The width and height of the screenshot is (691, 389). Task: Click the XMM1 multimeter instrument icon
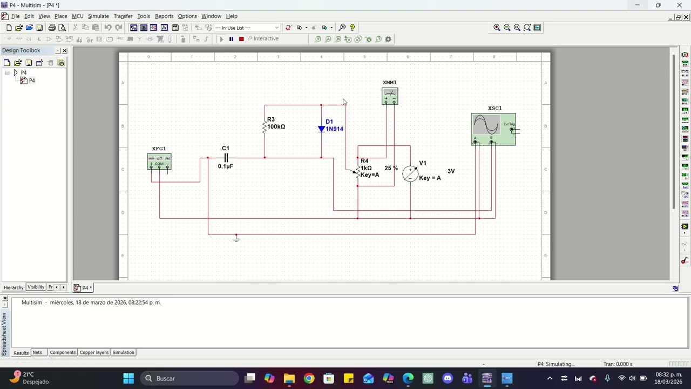[x=390, y=96]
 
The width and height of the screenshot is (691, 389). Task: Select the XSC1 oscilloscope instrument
[x=493, y=129]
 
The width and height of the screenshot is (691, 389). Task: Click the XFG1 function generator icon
[x=159, y=162]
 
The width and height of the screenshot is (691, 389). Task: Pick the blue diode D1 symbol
[x=321, y=129]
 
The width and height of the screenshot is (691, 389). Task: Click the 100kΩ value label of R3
[x=276, y=127]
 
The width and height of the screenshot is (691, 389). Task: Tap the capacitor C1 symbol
[x=226, y=158]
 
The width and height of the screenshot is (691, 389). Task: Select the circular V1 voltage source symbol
[x=410, y=173]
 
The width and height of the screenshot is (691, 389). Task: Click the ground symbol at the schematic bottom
[x=236, y=238]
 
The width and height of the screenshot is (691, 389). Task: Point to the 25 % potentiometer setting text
[x=391, y=169]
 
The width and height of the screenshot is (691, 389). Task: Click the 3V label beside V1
[x=451, y=171]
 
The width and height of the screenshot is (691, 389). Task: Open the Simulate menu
[x=98, y=16]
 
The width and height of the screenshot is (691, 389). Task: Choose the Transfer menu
[x=123, y=16]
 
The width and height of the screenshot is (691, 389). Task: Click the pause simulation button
[x=231, y=39]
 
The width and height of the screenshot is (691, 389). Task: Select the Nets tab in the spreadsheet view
[x=37, y=353]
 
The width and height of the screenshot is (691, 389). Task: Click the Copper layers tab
[x=94, y=353]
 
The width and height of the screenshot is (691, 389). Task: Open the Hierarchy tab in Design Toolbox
[x=13, y=287]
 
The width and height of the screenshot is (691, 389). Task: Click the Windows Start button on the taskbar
[x=128, y=378]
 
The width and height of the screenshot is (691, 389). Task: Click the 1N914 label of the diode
[x=334, y=129]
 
